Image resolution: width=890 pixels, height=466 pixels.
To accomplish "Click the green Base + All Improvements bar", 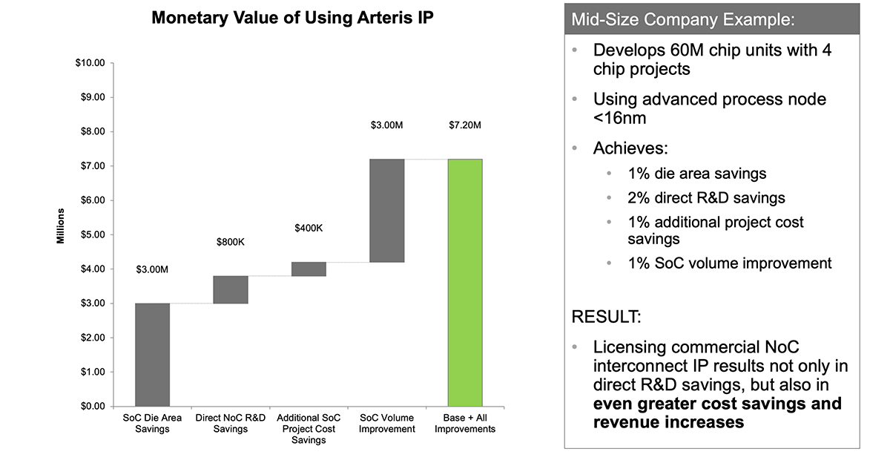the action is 465,282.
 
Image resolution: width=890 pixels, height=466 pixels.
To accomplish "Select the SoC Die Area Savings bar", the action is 152,354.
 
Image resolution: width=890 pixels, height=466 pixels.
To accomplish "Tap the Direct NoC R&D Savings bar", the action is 230,289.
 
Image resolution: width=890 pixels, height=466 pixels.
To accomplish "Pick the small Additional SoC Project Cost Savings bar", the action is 309,269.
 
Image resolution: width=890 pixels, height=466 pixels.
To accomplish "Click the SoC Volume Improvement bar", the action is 386,210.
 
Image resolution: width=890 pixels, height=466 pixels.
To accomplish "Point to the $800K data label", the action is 230,242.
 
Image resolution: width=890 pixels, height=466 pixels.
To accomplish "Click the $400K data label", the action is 309,228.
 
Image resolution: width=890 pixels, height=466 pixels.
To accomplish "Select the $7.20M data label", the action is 465,125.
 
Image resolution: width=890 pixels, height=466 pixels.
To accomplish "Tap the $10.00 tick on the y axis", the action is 90,63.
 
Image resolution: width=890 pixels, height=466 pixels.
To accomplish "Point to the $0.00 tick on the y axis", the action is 92,406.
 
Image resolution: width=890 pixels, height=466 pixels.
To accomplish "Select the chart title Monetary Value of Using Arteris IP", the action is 292,19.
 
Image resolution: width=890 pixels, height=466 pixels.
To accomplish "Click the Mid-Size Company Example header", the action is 683,19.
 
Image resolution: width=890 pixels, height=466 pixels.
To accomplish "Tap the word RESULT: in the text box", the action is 606,318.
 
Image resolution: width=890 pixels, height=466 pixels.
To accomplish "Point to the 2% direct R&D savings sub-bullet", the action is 706,197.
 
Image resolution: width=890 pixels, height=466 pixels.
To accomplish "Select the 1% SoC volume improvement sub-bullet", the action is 730,263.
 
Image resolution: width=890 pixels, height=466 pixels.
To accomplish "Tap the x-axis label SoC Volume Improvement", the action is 386,424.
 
